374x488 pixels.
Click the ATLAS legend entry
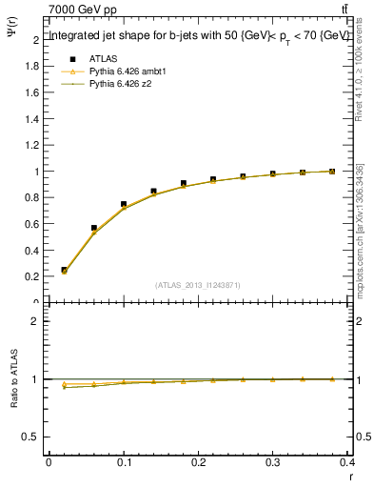(x=102, y=57)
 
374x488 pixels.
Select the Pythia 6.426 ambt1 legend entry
(x=127, y=71)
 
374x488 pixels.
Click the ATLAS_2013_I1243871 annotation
(x=197, y=285)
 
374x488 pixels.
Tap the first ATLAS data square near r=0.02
(x=64, y=270)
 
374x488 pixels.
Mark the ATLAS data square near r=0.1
(x=124, y=204)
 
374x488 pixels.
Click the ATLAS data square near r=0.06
(x=93, y=228)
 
